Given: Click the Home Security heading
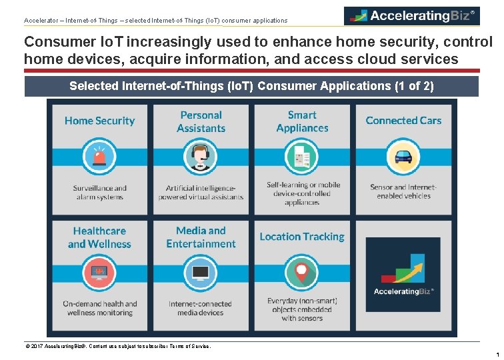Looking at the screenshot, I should coord(99,121).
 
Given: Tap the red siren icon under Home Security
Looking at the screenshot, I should coord(99,157).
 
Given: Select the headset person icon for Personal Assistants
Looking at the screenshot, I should coord(201,157).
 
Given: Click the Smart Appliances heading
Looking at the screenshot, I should coord(302,121).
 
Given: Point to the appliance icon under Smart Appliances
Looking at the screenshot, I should coord(302,157).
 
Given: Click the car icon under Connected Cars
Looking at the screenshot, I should coord(403,157).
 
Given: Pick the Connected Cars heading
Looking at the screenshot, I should coord(403,121).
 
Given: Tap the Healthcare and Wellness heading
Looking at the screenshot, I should coord(99,237).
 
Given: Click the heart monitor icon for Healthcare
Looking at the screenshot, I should coord(99,273).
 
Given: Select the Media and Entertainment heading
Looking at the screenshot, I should coord(201,237).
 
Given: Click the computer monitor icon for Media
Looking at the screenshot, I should coord(201,273).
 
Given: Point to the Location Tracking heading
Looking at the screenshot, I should coord(302,237).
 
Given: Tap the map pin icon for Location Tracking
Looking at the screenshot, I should coord(302,273).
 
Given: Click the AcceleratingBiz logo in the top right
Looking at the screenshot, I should coord(411,15).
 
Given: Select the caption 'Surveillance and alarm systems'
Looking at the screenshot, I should coord(99,193).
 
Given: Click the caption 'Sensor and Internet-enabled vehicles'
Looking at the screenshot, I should coord(403,192).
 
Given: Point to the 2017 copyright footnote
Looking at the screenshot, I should coord(117,346).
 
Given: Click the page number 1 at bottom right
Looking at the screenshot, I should coord(497,355).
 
